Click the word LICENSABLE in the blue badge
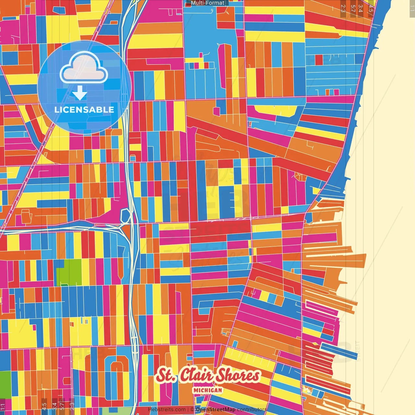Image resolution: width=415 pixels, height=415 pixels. pos(84,110)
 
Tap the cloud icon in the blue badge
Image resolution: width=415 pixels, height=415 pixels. pos(84,68)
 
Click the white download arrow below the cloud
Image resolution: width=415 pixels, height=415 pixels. pos(80,93)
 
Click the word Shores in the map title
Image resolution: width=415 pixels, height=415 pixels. pos(238,375)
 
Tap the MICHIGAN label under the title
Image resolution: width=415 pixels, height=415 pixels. pos(207,390)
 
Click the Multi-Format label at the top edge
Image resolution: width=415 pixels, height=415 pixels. pos(207,3)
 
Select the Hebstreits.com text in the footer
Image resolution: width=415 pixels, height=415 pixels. pos(167,409)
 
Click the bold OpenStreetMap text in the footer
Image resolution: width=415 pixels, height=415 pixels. pos(215,409)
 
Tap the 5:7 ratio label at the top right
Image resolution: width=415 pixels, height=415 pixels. pos(353,8)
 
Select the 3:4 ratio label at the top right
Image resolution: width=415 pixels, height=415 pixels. pos(361,8)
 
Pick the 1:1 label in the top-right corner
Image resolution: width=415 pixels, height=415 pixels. pos(412,8)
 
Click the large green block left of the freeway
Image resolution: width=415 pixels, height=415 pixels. pos(69,272)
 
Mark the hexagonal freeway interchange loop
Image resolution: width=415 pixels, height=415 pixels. pos(126,216)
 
